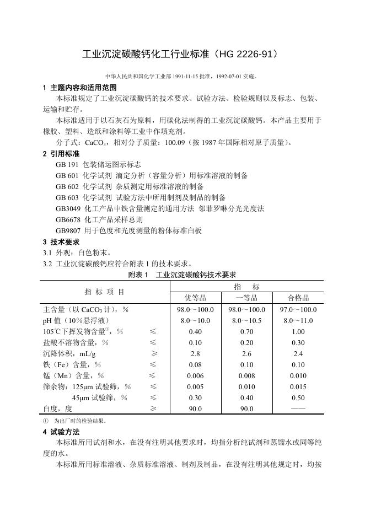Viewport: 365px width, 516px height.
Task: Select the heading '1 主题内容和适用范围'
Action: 79,88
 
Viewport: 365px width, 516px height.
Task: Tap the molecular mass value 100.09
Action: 172,142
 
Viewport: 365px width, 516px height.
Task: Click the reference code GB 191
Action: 67,164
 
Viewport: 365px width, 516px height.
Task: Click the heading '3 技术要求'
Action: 61,241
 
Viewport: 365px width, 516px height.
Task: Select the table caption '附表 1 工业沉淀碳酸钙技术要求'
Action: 182,275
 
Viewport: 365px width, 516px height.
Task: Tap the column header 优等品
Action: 195,298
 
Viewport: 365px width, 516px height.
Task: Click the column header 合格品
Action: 298,298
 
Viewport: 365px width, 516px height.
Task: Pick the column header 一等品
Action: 246,298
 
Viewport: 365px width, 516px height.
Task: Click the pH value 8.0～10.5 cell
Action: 246,320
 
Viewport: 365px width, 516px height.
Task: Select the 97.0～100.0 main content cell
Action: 298,310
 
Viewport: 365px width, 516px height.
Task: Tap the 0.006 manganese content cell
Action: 195,375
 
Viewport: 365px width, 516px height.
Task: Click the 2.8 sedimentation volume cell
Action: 195,353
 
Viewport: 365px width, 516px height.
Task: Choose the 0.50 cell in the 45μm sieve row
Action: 298,397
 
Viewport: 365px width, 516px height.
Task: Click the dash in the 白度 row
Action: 298,409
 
